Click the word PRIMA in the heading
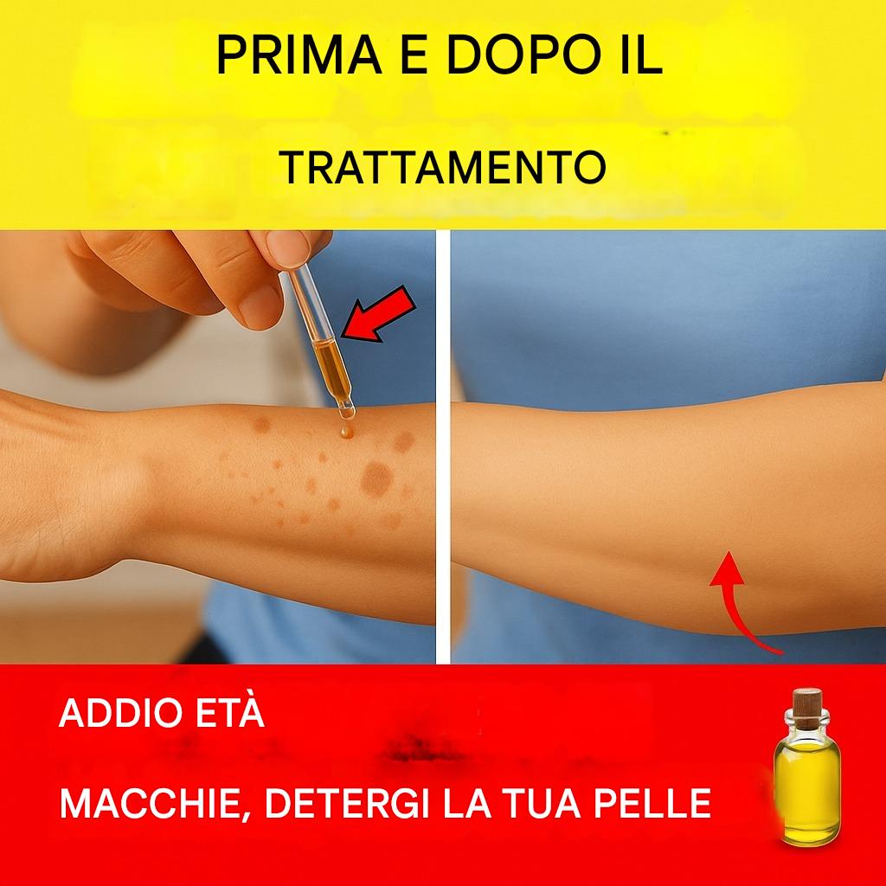[299, 55]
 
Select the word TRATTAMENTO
[442, 167]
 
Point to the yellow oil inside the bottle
[806, 791]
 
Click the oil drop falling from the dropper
[346, 433]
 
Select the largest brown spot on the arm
[377, 479]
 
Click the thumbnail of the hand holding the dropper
[289, 248]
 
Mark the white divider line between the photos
[443, 446]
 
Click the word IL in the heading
[641, 55]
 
